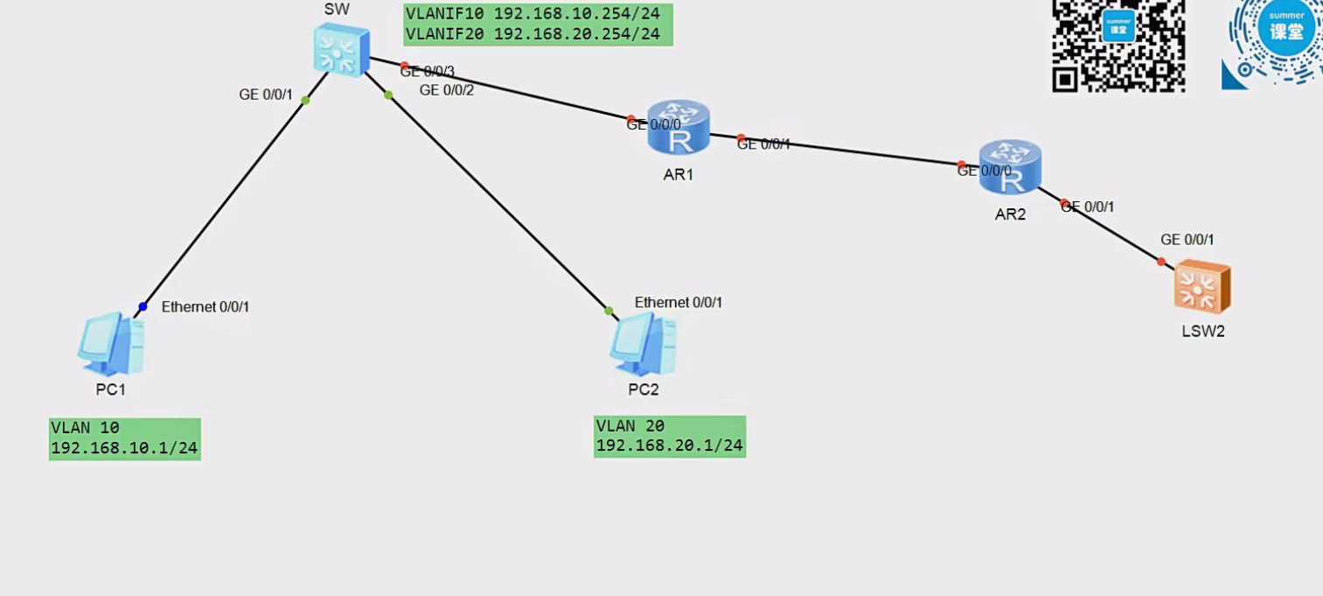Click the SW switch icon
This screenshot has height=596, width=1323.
(x=342, y=50)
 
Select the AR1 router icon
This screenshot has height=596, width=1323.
(x=679, y=129)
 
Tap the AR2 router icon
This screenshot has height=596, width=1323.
(x=1010, y=167)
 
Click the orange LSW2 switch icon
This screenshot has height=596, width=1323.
(x=1202, y=287)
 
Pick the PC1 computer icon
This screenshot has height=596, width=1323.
(x=110, y=344)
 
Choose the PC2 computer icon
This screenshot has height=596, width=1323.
(x=643, y=345)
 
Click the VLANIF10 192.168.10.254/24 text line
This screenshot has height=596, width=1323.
(x=533, y=14)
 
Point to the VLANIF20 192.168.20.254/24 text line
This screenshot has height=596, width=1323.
(x=533, y=34)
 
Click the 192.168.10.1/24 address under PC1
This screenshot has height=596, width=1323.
(x=124, y=448)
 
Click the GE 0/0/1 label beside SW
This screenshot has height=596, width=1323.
(x=266, y=95)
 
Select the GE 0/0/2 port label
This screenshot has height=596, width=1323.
(x=446, y=89)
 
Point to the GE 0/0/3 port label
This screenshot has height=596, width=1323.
(x=428, y=72)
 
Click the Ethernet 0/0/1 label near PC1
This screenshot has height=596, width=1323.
(x=205, y=307)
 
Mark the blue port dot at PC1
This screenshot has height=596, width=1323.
(x=143, y=306)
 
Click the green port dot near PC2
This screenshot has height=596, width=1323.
(x=609, y=310)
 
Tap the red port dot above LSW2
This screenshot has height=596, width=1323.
(x=1161, y=262)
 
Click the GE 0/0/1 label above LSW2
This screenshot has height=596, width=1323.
(x=1187, y=240)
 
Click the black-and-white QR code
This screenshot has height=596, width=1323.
(x=1118, y=44)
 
